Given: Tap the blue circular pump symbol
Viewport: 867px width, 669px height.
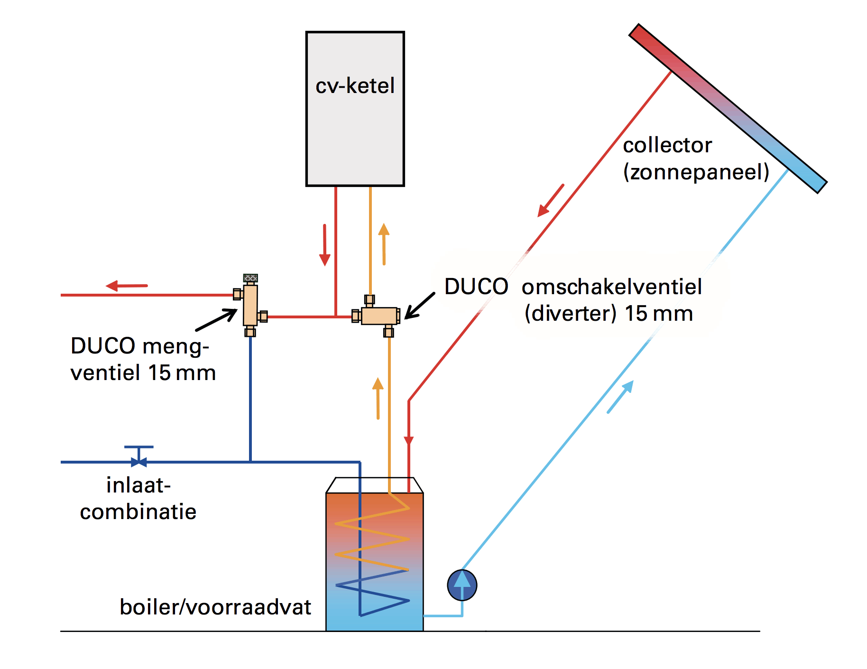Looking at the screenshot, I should click(462, 585).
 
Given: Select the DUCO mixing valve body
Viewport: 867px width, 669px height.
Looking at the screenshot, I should click(250, 305).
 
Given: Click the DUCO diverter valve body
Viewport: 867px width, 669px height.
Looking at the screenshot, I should click(379, 316).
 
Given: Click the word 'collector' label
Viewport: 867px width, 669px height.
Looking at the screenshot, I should click(667, 145).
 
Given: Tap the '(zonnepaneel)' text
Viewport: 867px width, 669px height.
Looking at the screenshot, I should click(696, 172).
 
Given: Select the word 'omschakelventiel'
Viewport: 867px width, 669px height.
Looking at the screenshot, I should click(611, 287).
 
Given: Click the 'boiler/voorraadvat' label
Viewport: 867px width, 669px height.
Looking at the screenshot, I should click(215, 607).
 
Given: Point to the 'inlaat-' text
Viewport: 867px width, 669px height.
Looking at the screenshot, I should click(138, 485).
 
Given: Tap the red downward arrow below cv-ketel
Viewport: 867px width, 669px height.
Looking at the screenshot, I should click(325, 245).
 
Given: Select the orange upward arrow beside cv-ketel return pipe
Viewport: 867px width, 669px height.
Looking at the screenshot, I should click(384, 244).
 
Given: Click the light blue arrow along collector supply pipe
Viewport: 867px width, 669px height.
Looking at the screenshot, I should click(620, 397).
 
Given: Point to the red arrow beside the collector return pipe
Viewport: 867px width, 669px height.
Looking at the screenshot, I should click(551, 201).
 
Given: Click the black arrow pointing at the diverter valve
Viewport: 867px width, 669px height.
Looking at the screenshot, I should click(419, 306).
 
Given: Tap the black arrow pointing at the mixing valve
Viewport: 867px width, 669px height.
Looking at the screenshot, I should click(217, 320).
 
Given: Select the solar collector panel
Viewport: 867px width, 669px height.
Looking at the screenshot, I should click(728, 109).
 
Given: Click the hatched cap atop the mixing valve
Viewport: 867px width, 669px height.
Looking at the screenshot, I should click(250, 278).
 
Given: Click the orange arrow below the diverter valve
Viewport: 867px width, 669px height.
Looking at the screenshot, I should click(378, 398).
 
